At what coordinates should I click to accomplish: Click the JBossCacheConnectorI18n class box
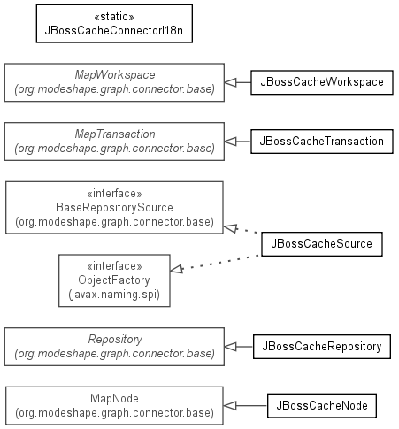click(114, 24)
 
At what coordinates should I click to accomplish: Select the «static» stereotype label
click(114, 17)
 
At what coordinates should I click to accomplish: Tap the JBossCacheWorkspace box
click(322, 82)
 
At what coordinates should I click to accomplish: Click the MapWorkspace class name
click(115, 75)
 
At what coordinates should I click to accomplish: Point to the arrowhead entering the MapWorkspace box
click(230, 82)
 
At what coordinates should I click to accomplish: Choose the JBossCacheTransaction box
click(322, 142)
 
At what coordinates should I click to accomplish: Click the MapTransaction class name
click(115, 134)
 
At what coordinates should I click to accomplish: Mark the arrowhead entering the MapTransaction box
click(230, 142)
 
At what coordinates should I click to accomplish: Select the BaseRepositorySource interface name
click(114, 208)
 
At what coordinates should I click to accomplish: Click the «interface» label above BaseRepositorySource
click(114, 194)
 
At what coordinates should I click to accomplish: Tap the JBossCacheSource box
click(322, 244)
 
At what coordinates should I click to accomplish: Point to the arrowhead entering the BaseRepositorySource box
click(230, 228)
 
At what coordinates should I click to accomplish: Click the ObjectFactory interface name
click(114, 280)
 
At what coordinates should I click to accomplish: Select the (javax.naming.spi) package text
click(114, 295)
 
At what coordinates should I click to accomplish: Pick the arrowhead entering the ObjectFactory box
click(177, 269)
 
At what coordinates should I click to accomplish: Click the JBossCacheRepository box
click(322, 347)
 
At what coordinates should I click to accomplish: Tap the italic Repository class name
click(115, 340)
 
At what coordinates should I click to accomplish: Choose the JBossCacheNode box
click(322, 406)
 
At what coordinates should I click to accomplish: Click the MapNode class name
click(114, 399)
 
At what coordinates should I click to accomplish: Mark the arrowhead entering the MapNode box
click(230, 406)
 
